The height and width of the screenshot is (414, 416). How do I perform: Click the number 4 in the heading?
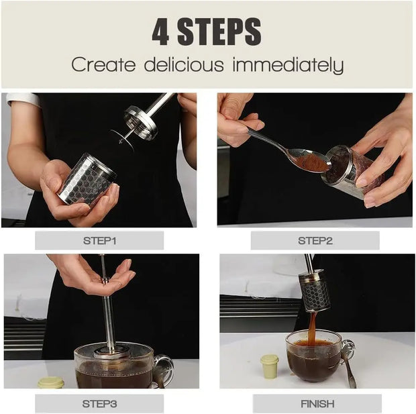coord(160,32)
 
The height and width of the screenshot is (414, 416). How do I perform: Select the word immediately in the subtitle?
coord(288,66)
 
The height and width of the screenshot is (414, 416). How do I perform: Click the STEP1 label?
coord(99,240)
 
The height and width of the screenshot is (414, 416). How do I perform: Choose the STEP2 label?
coord(315,240)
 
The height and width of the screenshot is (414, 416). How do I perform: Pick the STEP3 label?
coord(99,403)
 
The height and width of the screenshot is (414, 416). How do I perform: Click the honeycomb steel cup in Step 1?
coord(87,179)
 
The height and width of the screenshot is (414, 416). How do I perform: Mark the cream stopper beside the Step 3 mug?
coord(51,382)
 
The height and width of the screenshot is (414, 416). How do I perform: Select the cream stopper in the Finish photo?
coord(269,366)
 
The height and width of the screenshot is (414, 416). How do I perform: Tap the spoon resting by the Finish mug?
coord(348,362)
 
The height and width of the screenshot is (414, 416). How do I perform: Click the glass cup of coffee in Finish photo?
coord(313,356)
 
